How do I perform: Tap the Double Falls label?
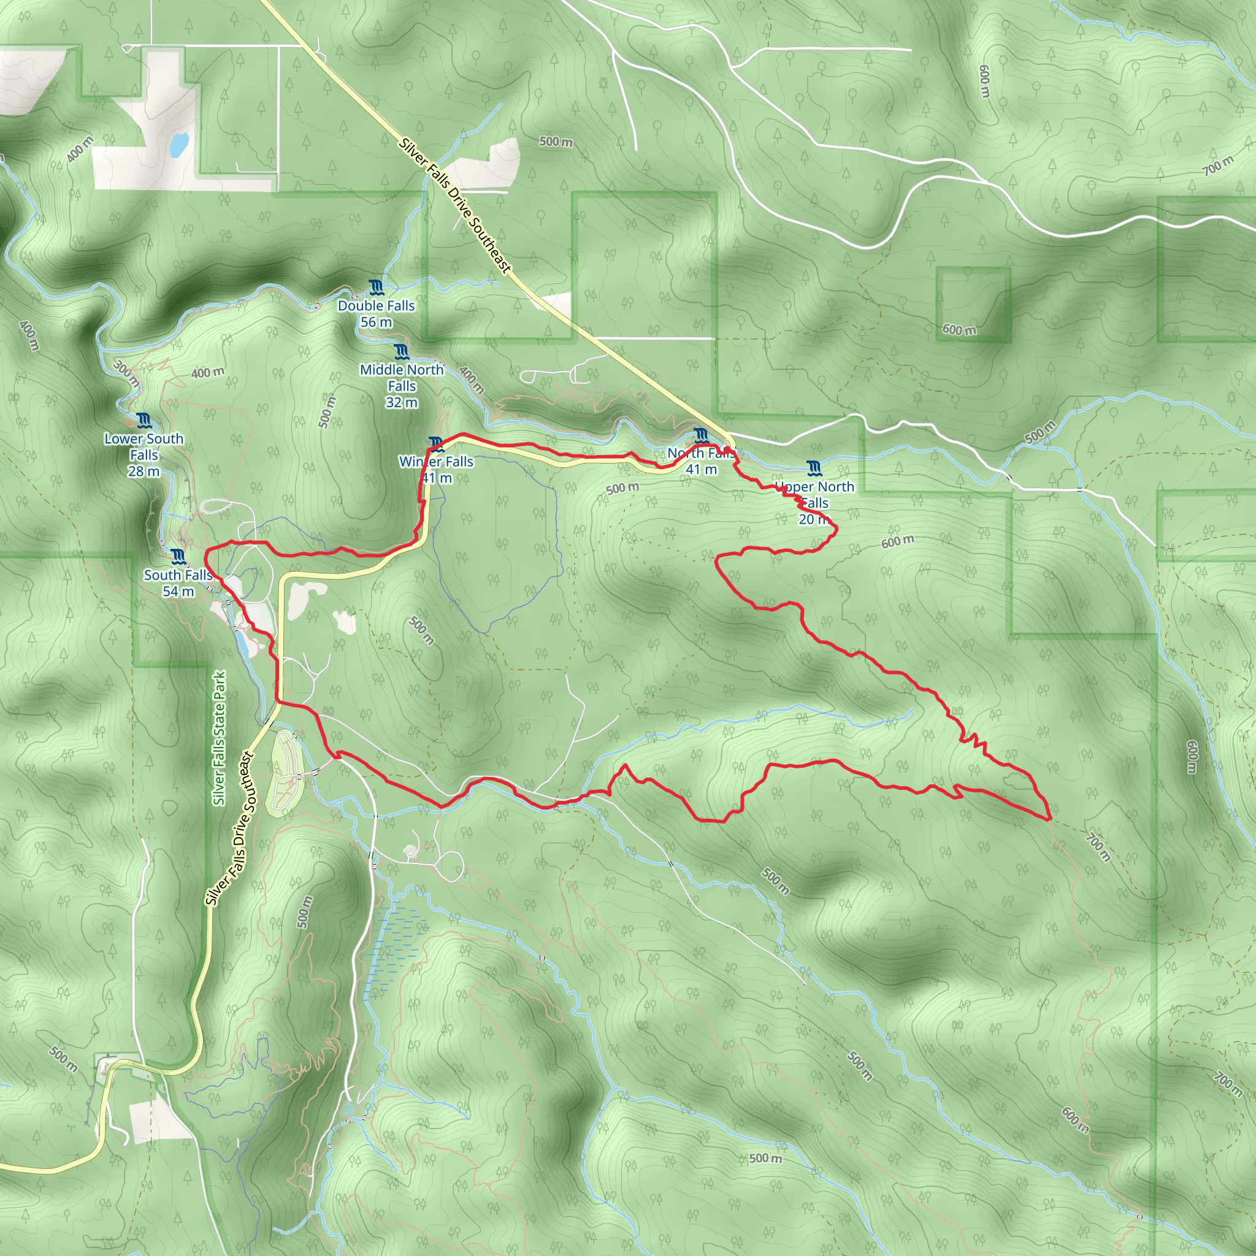[376, 305]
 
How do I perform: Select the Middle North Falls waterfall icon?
[402, 353]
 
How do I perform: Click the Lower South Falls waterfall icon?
[144, 421]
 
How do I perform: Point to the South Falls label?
[177, 575]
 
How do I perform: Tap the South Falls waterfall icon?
[178, 556]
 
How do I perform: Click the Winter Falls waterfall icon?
[436, 445]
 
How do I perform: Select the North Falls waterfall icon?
[701, 435]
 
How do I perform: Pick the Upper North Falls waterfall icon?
[813, 468]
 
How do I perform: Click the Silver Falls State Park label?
[220, 738]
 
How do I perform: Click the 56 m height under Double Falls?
[376, 322]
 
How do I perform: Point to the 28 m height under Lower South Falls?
[144, 472]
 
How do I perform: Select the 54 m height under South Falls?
[178, 592]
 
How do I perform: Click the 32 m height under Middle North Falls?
[402, 402]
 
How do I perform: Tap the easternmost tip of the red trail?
[1050, 820]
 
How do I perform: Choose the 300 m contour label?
[126, 373]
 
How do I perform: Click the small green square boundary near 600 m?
[973, 304]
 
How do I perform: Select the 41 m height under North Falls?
[701, 469]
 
